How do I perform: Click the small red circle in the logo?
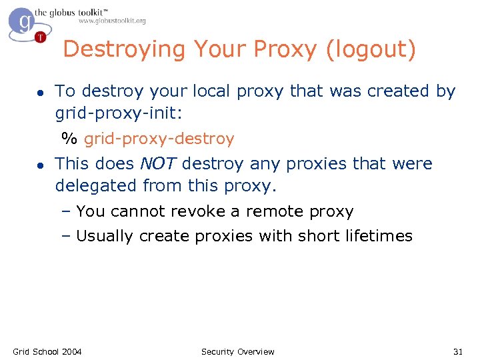(x=41, y=37)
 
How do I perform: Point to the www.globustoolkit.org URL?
(x=112, y=21)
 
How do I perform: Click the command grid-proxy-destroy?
(x=159, y=139)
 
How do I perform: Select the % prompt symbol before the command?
(x=69, y=139)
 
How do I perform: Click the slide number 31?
(x=458, y=351)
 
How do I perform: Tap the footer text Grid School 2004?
(x=47, y=351)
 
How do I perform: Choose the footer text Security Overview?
(x=237, y=351)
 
